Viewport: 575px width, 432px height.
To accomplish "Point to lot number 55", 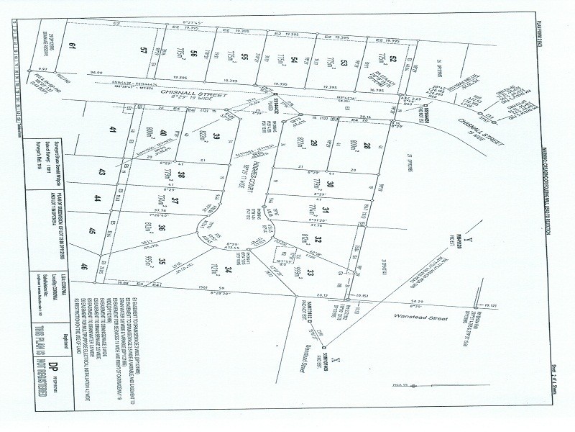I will tap(244, 56).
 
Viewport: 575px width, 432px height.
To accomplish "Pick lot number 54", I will tap(294, 59).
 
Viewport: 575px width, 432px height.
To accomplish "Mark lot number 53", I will tap(344, 63).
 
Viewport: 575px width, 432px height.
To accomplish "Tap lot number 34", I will tap(228, 271).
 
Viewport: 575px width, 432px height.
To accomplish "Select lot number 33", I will tap(310, 272).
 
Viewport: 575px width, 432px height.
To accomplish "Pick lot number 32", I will tap(317, 240).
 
